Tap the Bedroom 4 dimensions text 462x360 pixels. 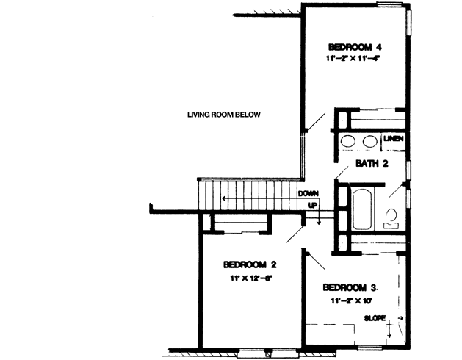pyautogui.click(x=355, y=58)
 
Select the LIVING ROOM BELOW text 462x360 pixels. pyautogui.click(x=223, y=115)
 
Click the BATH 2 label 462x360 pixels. pyautogui.click(x=371, y=163)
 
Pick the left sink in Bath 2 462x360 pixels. pyautogui.click(x=347, y=142)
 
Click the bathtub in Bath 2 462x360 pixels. pyautogui.click(x=363, y=209)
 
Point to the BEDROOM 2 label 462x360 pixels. pyautogui.click(x=249, y=265)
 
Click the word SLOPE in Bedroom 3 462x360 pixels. pyautogui.click(x=375, y=317)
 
